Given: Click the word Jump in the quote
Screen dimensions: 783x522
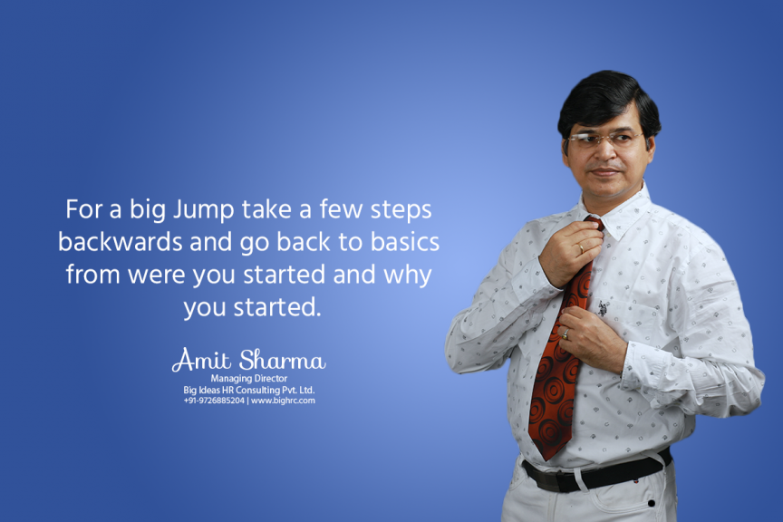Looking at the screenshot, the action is coord(203,210).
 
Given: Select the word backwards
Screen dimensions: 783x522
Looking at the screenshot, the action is coord(121,242).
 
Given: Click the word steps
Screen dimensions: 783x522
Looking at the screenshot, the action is coord(401,211).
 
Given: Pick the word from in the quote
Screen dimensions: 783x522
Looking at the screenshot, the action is coord(92,275).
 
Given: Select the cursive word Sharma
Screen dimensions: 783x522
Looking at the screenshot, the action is coord(283,360).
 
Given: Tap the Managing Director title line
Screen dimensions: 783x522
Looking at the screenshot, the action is coord(248,379).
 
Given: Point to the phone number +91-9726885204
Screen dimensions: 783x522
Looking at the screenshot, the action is coord(214,401).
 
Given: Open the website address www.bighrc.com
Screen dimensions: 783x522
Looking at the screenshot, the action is coord(283,401).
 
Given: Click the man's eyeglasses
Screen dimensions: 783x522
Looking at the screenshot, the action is coord(604,138).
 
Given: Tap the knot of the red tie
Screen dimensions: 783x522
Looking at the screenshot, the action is coord(594,223).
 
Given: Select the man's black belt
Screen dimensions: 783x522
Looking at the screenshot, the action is coord(596,472).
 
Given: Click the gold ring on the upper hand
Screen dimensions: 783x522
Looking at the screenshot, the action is coord(581,248).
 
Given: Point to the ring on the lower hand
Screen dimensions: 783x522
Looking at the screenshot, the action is coord(565,333).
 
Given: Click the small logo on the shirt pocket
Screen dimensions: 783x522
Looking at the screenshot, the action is coord(604,308).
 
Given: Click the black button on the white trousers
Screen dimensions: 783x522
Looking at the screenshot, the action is coord(652,503).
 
